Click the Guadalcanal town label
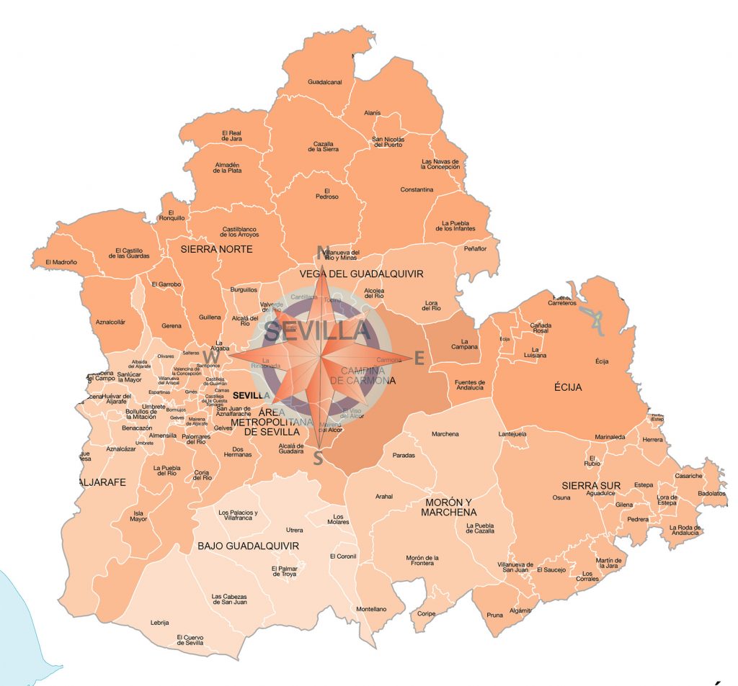coord(324,82)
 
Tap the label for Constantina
coord(417,190)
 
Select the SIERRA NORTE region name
coord(210,249)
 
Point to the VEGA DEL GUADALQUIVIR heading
coord(361,274)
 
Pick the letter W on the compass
coord(211,357)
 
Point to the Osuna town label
coord(561,497)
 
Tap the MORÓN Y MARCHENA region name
coord(448,507)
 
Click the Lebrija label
coord(159,622)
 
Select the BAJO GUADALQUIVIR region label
coord(248,546)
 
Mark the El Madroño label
coord(61,262)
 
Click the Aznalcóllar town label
coord(110,322)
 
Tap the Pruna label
coord(494,615)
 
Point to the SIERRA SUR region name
coord(591,486)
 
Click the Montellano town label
coord(371,609)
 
